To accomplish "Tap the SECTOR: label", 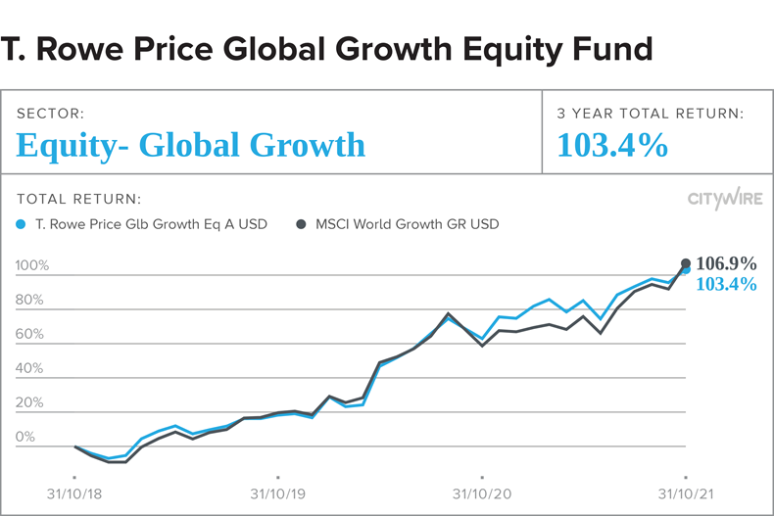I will [50, 115].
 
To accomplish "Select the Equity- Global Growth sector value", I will [191, 146].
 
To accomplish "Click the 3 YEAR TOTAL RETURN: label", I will [651, 115].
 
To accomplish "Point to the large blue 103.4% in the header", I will [612, 146].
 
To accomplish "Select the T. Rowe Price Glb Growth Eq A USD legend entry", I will [143, 224].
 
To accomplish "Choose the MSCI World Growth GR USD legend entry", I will [398, 224].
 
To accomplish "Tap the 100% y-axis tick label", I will [32, 266].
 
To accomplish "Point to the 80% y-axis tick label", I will [30, 301].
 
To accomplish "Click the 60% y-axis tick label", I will [30, 335].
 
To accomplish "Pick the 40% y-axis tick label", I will [30, 369].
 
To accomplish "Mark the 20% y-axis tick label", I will [30, 403].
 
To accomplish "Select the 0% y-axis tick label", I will [27, 438].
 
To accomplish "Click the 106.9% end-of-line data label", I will [726, 263].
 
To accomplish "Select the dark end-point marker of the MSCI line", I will [686, 262].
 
